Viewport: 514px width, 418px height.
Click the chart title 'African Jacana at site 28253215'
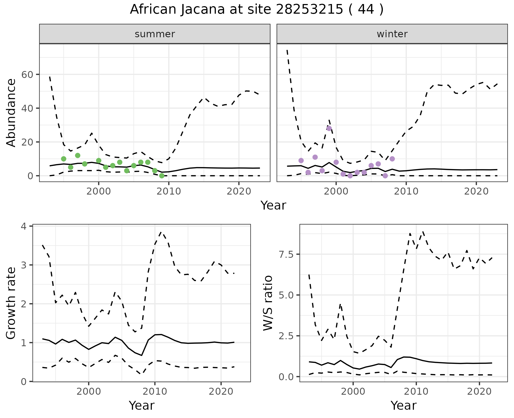[256, 10]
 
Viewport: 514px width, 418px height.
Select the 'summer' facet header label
[155, 34]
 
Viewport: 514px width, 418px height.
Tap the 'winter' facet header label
[392, 34]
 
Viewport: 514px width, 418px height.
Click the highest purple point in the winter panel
[329, 128]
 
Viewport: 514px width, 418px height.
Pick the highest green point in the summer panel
[78, 155]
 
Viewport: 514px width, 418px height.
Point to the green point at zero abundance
[162, 176]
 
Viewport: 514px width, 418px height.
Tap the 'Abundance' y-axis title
[11, 113]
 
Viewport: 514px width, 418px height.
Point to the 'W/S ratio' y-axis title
[268, 303]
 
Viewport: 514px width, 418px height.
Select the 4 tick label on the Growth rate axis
[24, 226]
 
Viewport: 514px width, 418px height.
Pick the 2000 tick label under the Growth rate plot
[89, 391]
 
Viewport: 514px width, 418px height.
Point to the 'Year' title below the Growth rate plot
[142, 405]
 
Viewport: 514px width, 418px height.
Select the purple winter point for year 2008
[392, 159]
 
